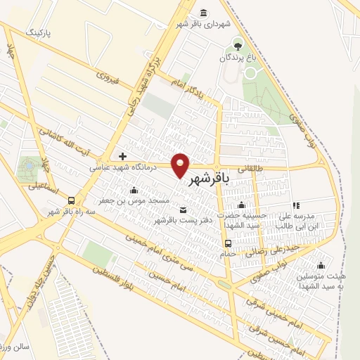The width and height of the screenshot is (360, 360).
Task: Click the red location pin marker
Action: point(181,165)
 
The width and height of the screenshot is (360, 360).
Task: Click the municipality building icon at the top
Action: point(204,12)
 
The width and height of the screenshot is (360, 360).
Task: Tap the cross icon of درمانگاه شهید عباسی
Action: point(123,156)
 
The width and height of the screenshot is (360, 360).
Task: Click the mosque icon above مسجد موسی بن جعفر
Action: point(134,190)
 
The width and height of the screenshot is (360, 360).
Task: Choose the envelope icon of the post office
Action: point(184,210)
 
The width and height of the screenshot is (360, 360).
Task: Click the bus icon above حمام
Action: point(227,244)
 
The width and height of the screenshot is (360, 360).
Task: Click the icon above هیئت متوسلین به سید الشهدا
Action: point(321,265)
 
